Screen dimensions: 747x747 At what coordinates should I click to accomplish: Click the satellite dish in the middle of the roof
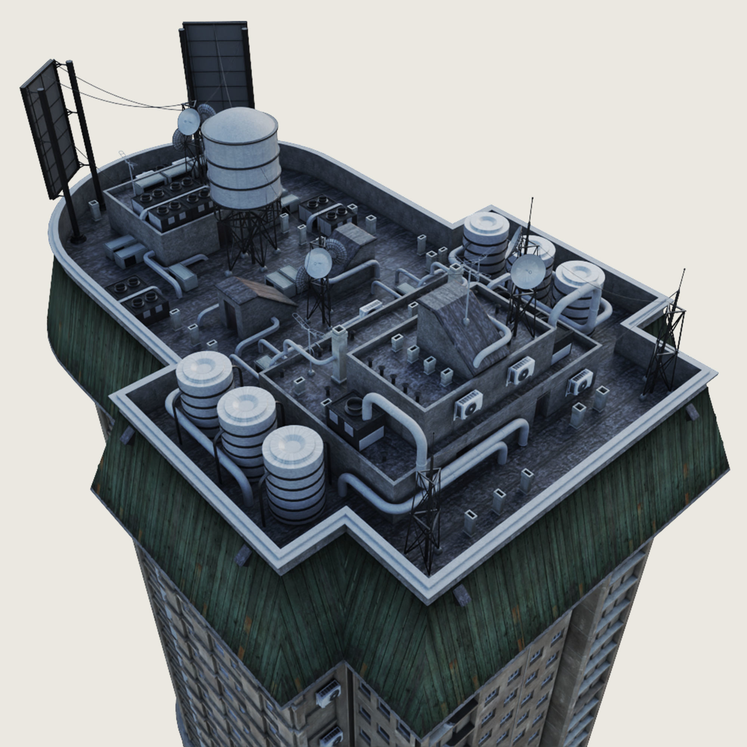(318, 263)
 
